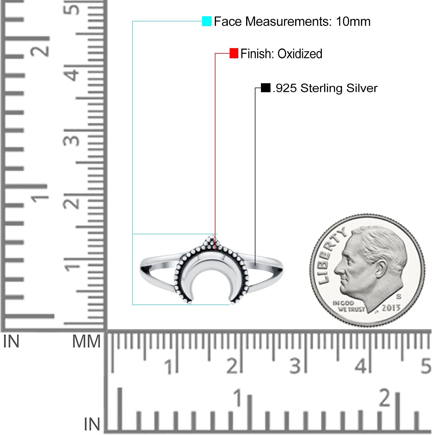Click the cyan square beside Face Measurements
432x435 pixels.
point(207,21)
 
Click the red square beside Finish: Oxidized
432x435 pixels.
point(234,53)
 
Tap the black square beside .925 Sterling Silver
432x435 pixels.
point(266,88)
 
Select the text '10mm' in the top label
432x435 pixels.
point(353,21)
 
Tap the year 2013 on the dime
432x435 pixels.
point(391,308)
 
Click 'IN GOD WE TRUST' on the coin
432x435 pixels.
point(348,306)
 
